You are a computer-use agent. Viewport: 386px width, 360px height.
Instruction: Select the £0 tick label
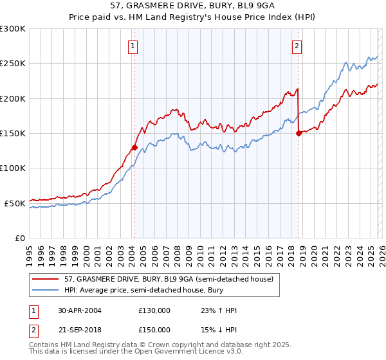point(19,238)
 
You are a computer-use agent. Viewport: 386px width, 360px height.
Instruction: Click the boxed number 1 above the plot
point(133,46)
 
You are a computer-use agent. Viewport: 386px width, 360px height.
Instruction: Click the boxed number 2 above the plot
point(297,46)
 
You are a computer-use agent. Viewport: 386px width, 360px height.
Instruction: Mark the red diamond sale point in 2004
point(134,147)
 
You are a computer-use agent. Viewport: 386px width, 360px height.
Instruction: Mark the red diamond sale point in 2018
point(299,133)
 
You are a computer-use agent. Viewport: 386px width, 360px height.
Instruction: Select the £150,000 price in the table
point(154,328)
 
